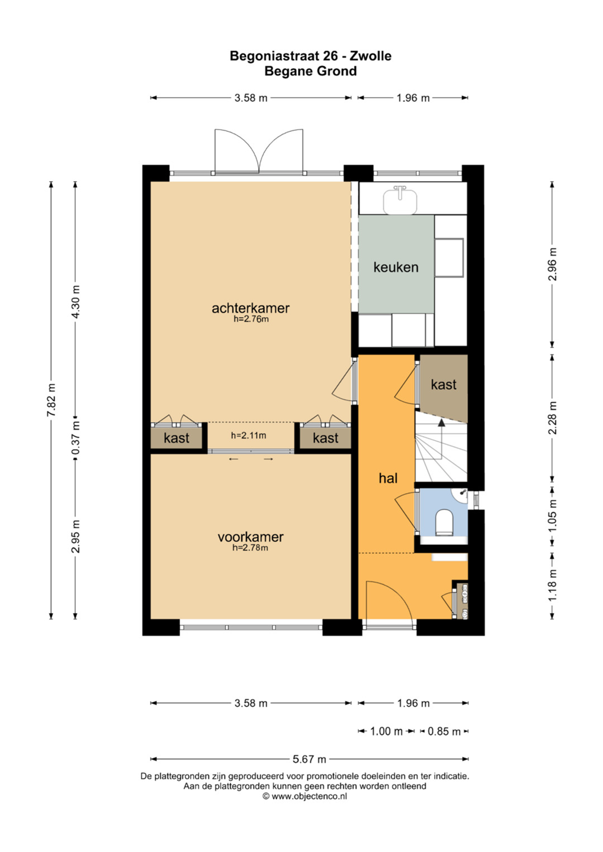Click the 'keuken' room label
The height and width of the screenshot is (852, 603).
pyautogui.click(x=396, y=267)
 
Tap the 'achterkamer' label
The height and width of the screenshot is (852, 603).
pyautogui.click(x=251, y=308)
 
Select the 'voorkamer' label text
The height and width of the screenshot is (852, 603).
pyautogui.click(x=251, y=537)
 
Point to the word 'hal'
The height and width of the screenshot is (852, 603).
pyautogui.click(x=388, y=478)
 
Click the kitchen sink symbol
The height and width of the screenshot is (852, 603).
pyautogui.click(x=400, y=200)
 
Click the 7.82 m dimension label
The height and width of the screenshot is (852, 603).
pyautogui.click(x=52, y=400)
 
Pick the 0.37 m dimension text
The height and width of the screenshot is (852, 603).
pyautogui.click(x=76, y=437)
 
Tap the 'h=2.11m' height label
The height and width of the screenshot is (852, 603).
pyautogui.click(x=248, y=435)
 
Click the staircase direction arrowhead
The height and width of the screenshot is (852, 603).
pyautogui.click(x=441, y=422)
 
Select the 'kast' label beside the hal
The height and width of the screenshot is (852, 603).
pyautogui.click(x=444, y=385)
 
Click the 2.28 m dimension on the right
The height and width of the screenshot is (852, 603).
pyautogui.click(x=553, y=418)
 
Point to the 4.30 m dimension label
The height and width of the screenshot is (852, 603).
pyautogui.click(x=76, y=302)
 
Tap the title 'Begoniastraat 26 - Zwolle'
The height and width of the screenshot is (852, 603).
pyautogui.click(x=310, y=56)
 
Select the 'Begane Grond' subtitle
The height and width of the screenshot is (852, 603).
pyautogui.click(x=310, y=71)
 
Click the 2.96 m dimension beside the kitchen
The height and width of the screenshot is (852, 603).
pyautogui.click(x=553, y=264)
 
